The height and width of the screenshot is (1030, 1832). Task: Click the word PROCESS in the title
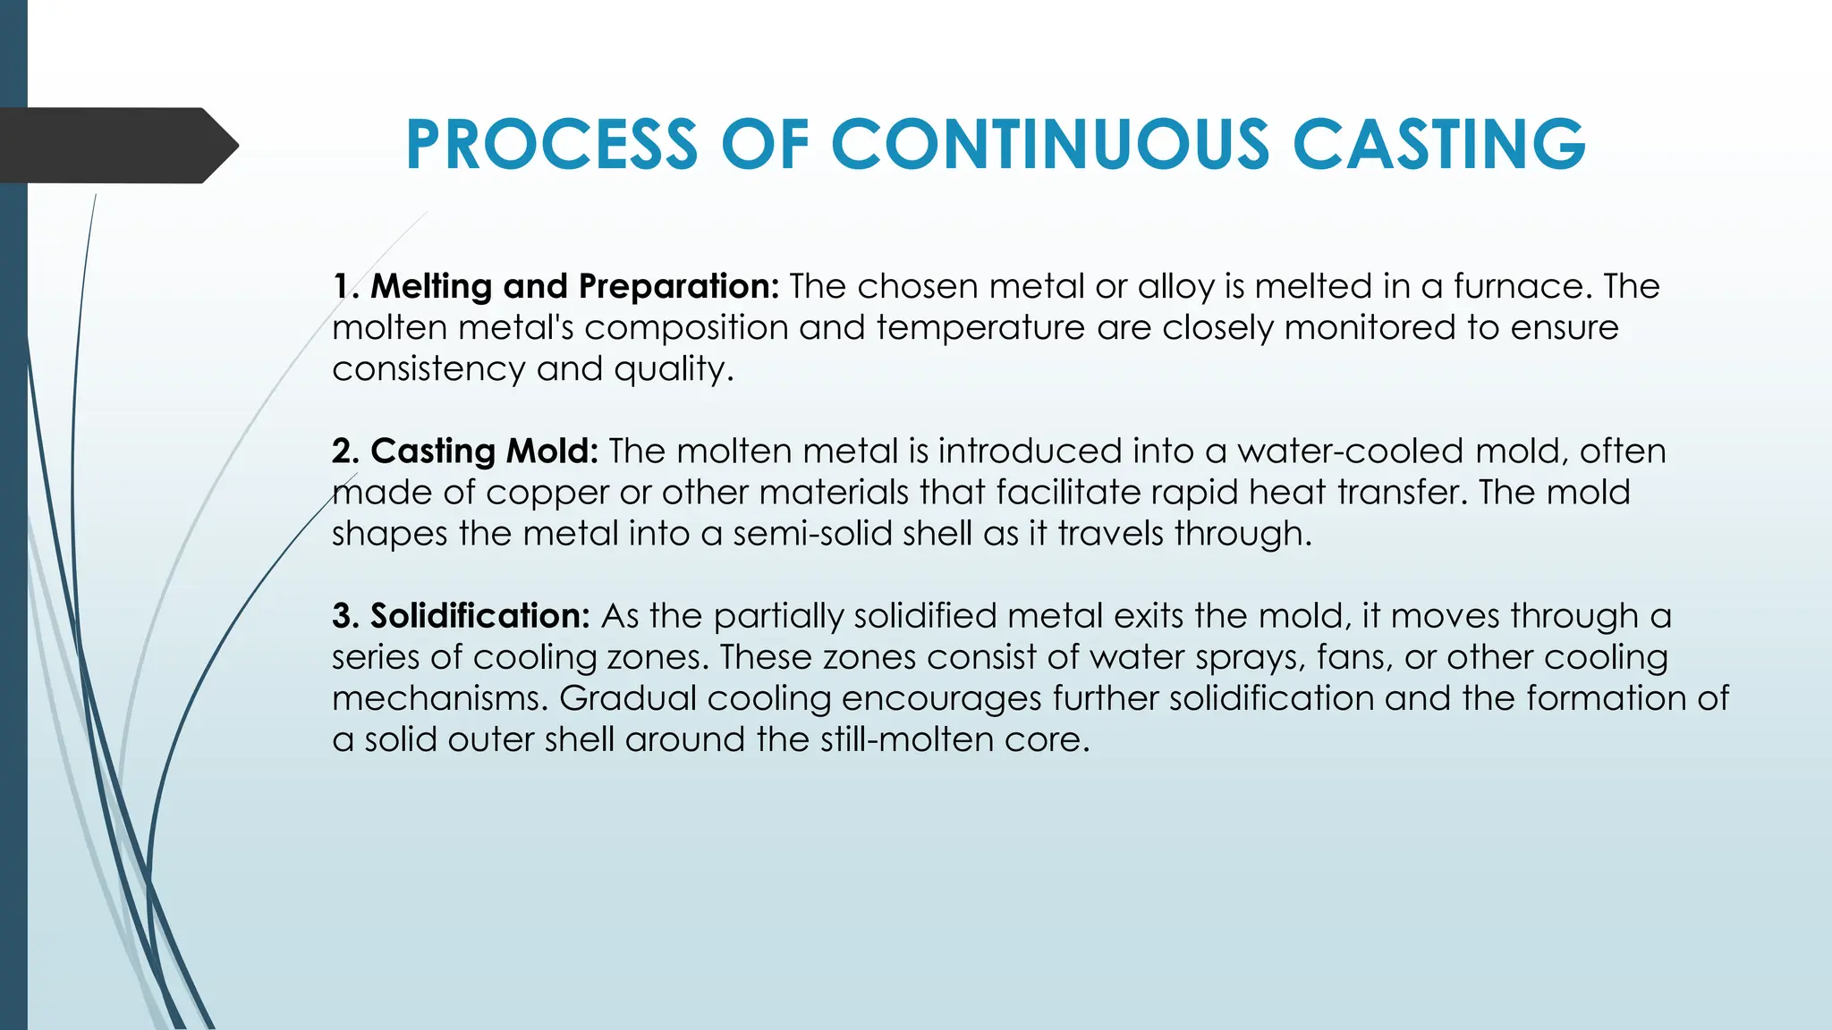click(551, 145)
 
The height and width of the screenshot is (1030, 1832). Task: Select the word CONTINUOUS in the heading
click(1050, 145)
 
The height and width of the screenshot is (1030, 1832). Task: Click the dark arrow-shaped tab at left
click(116, 146)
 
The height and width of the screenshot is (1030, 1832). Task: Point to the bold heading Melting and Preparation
click(574, 286)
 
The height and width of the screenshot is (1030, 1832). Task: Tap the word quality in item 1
click(671, 369)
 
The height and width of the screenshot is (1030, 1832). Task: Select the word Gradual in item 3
click(628, 698)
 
